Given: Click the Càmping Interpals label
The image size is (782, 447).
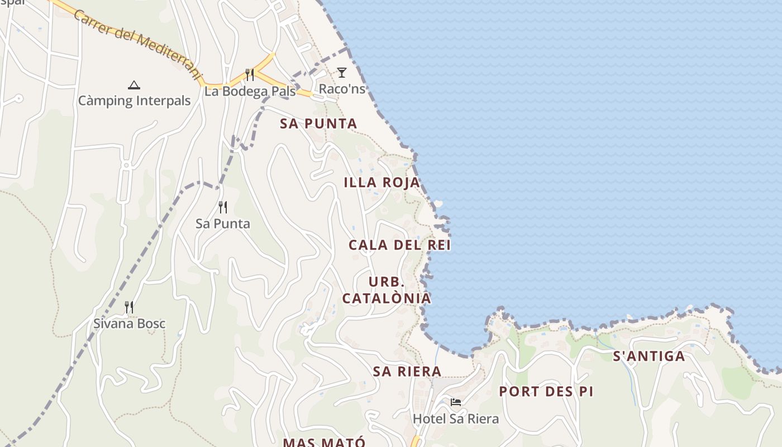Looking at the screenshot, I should pyautogui.click(x=134, y=101).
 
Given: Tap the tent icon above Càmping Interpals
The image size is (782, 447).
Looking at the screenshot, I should pyautogui.click(x=133, y=85).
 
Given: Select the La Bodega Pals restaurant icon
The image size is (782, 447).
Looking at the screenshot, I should pyautogui.click(x=250, y=74).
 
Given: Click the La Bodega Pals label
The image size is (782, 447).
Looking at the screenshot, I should pyautogui.click(x=250, y=91).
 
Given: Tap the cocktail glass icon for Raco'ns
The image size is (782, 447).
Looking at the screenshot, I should pyautogui.click(x=342, y=72).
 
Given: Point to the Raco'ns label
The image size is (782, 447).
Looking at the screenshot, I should pyautogui.click(x=342, y=89).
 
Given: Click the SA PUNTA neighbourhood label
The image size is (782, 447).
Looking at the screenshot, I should pyautogui.click(x=318, y=124).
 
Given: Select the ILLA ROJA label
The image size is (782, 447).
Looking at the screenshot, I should pyautogui.click(x=382, y=183).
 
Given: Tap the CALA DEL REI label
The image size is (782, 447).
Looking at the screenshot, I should pyautogui.click(x=399, y=245).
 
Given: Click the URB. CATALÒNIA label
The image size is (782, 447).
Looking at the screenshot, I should pyautogui.click(x=387, y=290).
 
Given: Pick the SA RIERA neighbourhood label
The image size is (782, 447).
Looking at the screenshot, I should pyautogui.click(x=407, y=372).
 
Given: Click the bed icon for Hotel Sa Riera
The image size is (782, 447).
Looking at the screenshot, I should pyautogui.click(x=456, y=402).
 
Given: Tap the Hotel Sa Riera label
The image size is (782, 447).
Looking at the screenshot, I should pyautogui.click(x=456, y=419).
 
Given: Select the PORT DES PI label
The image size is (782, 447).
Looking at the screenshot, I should pyautogui.click(x=546, y=392).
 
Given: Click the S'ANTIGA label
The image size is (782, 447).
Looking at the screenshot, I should pyautogui.click(x=649, y=356).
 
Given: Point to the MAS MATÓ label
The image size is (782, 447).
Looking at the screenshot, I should pyautogui.click(x=324, y=442).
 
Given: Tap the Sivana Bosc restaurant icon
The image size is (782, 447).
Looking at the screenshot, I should pyautogui.click(x=129, y=307).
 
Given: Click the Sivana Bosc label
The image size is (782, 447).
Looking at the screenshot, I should pyautogui.click(x=129, y=324).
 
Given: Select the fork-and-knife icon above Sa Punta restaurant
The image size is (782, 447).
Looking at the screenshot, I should pyautogui.click(x=223, y=207).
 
